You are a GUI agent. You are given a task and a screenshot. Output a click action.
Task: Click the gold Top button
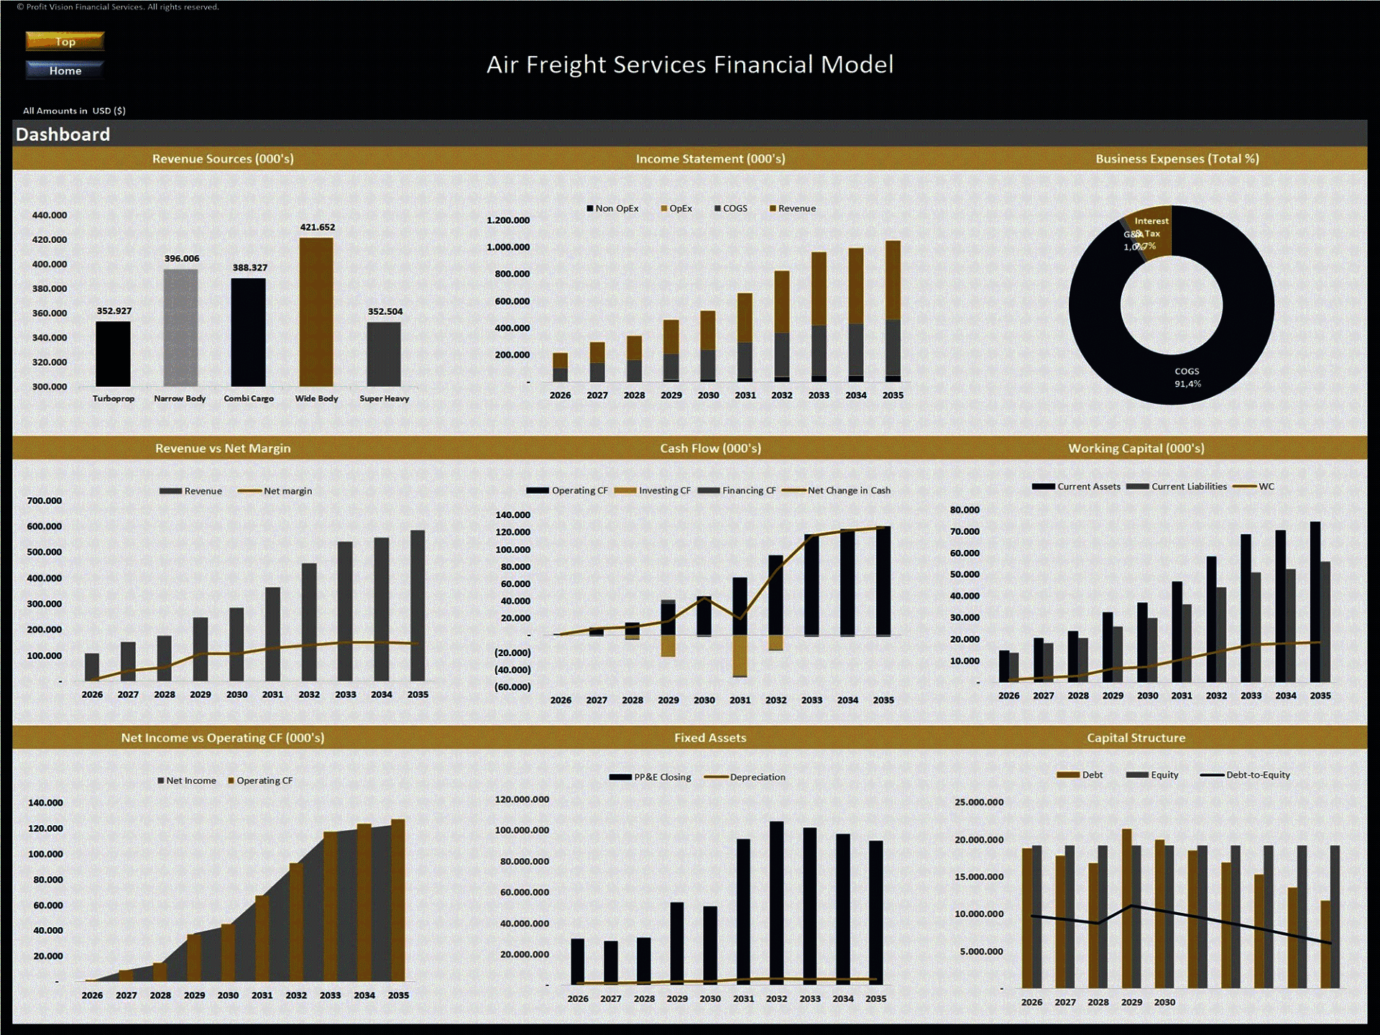65,41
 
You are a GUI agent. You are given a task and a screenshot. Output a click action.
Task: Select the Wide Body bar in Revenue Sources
316,313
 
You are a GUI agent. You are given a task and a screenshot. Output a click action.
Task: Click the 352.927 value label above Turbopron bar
114,311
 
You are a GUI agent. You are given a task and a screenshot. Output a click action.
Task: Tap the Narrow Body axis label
180,398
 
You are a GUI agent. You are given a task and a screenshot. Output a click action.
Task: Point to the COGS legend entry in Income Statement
731,208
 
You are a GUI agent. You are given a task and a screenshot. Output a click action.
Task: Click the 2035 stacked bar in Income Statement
893,309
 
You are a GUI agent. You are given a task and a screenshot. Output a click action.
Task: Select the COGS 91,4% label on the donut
1187,377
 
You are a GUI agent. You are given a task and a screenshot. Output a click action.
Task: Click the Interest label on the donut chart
1151,221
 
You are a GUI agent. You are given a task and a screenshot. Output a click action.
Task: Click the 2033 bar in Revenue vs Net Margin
345,611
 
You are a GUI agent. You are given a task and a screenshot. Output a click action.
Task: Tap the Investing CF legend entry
657,490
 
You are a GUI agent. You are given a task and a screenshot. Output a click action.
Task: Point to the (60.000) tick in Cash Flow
512,687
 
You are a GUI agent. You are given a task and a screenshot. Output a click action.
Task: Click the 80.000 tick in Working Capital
965,510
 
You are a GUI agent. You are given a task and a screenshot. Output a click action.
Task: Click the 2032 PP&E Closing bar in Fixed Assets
776,902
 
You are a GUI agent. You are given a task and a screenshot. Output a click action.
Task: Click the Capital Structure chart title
1136,737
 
